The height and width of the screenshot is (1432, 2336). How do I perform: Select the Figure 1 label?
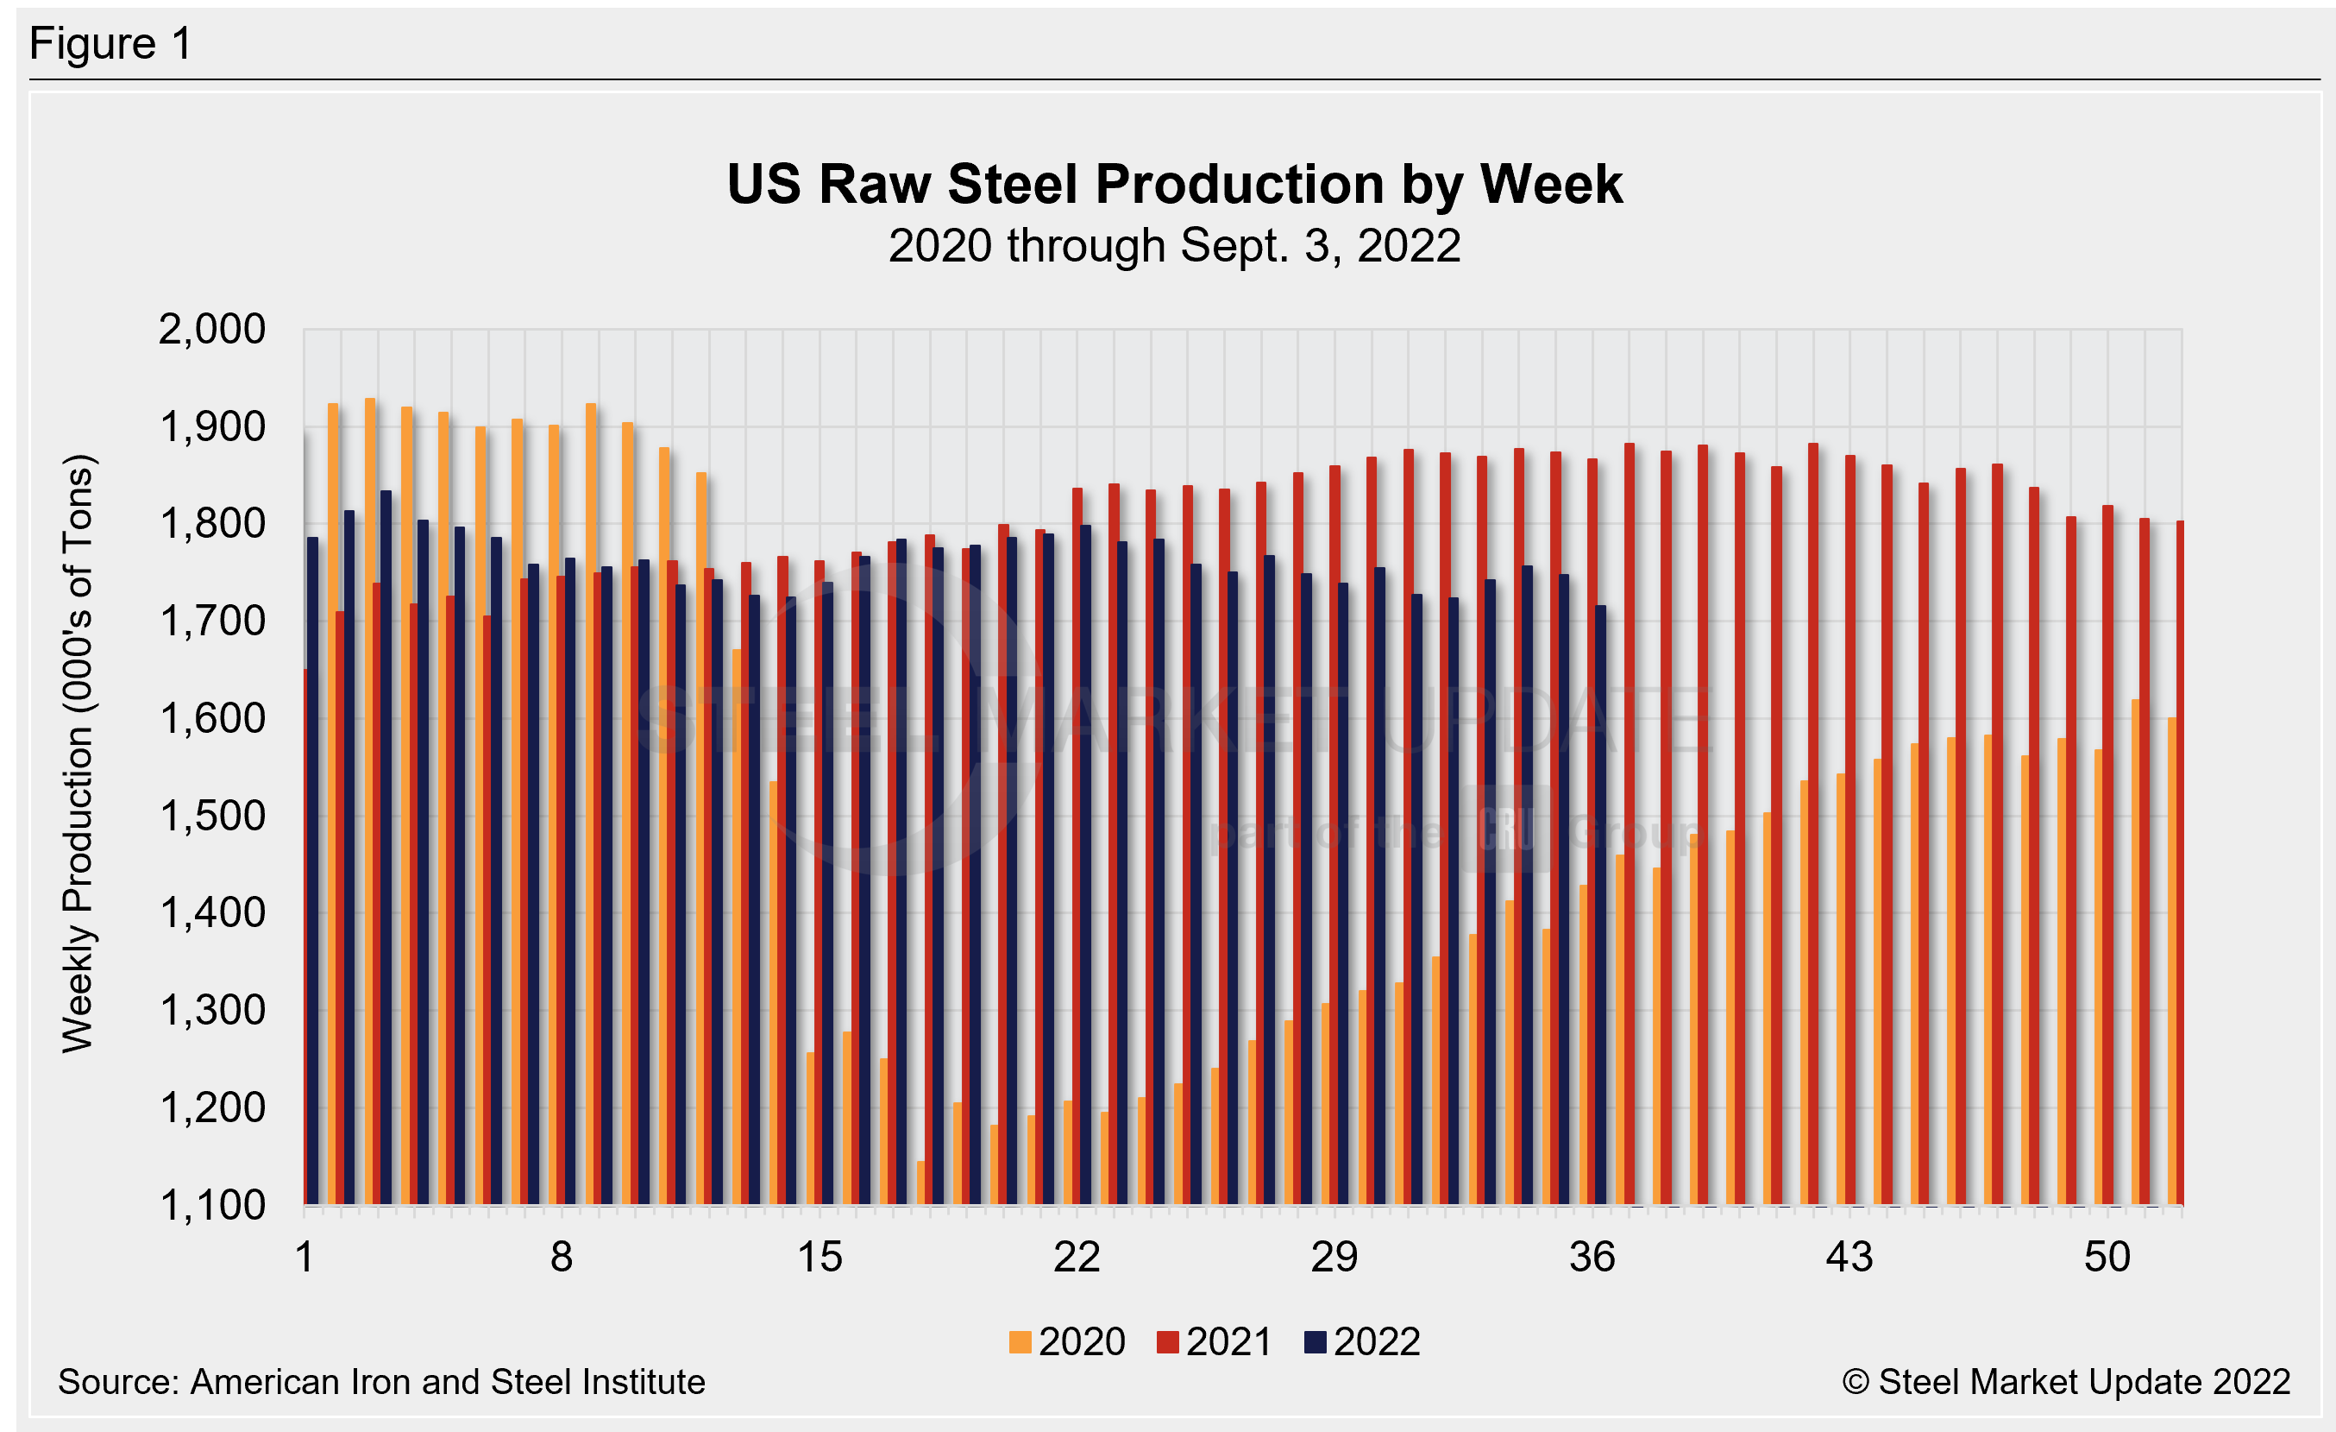click(x=111, y=45)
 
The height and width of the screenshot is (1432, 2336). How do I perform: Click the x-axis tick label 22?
click(x=1076, y=1259)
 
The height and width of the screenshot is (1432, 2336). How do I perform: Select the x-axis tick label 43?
click(x=1849, y=1259)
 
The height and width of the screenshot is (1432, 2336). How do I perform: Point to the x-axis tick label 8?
click(x=562, y=1259)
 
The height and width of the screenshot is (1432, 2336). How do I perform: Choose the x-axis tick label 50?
click(x=2107, y=1259)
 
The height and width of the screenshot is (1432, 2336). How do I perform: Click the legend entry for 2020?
click(x=1068, y=1342)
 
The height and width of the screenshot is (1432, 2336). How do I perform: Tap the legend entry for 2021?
click(x=1215, y=1342)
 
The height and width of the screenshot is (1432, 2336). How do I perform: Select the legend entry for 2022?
click(x=1362, y=1342)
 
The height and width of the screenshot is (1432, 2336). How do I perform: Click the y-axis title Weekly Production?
click(x=78, y=754)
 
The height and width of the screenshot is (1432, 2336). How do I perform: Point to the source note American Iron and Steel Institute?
click(x=381, y=1382)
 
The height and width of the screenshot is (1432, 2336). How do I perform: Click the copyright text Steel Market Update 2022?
click(x=2066, y=1382)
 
